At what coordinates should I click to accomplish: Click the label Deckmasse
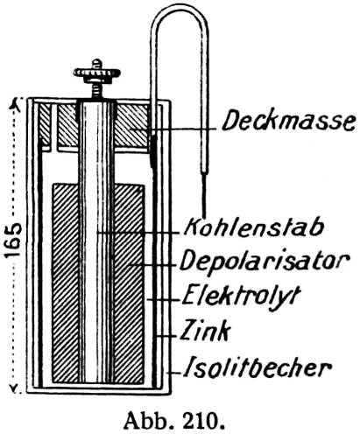tap(288, 122)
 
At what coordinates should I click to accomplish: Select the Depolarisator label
tap(265, 261)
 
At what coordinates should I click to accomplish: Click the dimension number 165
tap(14, 240)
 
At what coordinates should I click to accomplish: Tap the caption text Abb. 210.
tap(174, 421)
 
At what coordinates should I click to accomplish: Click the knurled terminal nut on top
tap(96, 73)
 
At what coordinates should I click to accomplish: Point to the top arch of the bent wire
tap(179, 9)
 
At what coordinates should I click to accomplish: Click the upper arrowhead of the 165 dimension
tap(16, 105)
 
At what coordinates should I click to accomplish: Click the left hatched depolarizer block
tap(65, 283)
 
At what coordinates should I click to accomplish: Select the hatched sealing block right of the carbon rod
tap(131, 125)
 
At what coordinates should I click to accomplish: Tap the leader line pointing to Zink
tap(166, 336)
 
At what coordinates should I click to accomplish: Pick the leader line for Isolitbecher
tap(173, 373)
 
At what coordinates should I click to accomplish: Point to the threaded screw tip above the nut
tap(96, 64)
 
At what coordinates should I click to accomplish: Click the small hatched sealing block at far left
tap(45, 125)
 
